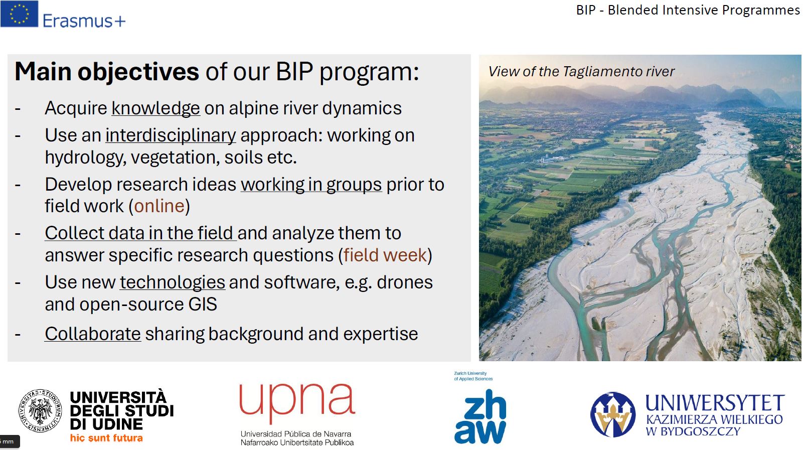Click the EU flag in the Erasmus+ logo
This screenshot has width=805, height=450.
click(19, 14)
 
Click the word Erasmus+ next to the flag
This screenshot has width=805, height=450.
click(84, 21)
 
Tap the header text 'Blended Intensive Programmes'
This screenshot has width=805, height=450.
click(703, 10)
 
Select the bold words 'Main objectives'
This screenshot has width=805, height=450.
click(107, 72)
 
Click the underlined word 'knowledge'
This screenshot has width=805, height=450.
click(155, 108)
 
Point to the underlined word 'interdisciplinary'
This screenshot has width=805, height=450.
click(171, 135)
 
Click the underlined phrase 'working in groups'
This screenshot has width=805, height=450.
click(311, 185)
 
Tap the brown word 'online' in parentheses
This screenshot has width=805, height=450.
click(159, 206)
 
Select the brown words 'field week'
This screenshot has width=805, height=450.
click(385, 255)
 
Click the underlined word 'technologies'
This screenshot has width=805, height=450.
click(172, 282)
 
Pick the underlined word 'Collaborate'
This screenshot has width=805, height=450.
click(93, 334)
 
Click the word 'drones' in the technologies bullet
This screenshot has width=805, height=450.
click(404, 282)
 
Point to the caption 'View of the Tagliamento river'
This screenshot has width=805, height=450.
click(581, 72)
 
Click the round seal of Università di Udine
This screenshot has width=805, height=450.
click(40, 410)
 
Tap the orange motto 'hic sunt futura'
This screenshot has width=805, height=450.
click(106, 438)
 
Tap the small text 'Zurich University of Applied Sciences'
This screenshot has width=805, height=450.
click(473, 376)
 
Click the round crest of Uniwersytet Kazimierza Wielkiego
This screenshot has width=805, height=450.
click(612, 414)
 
